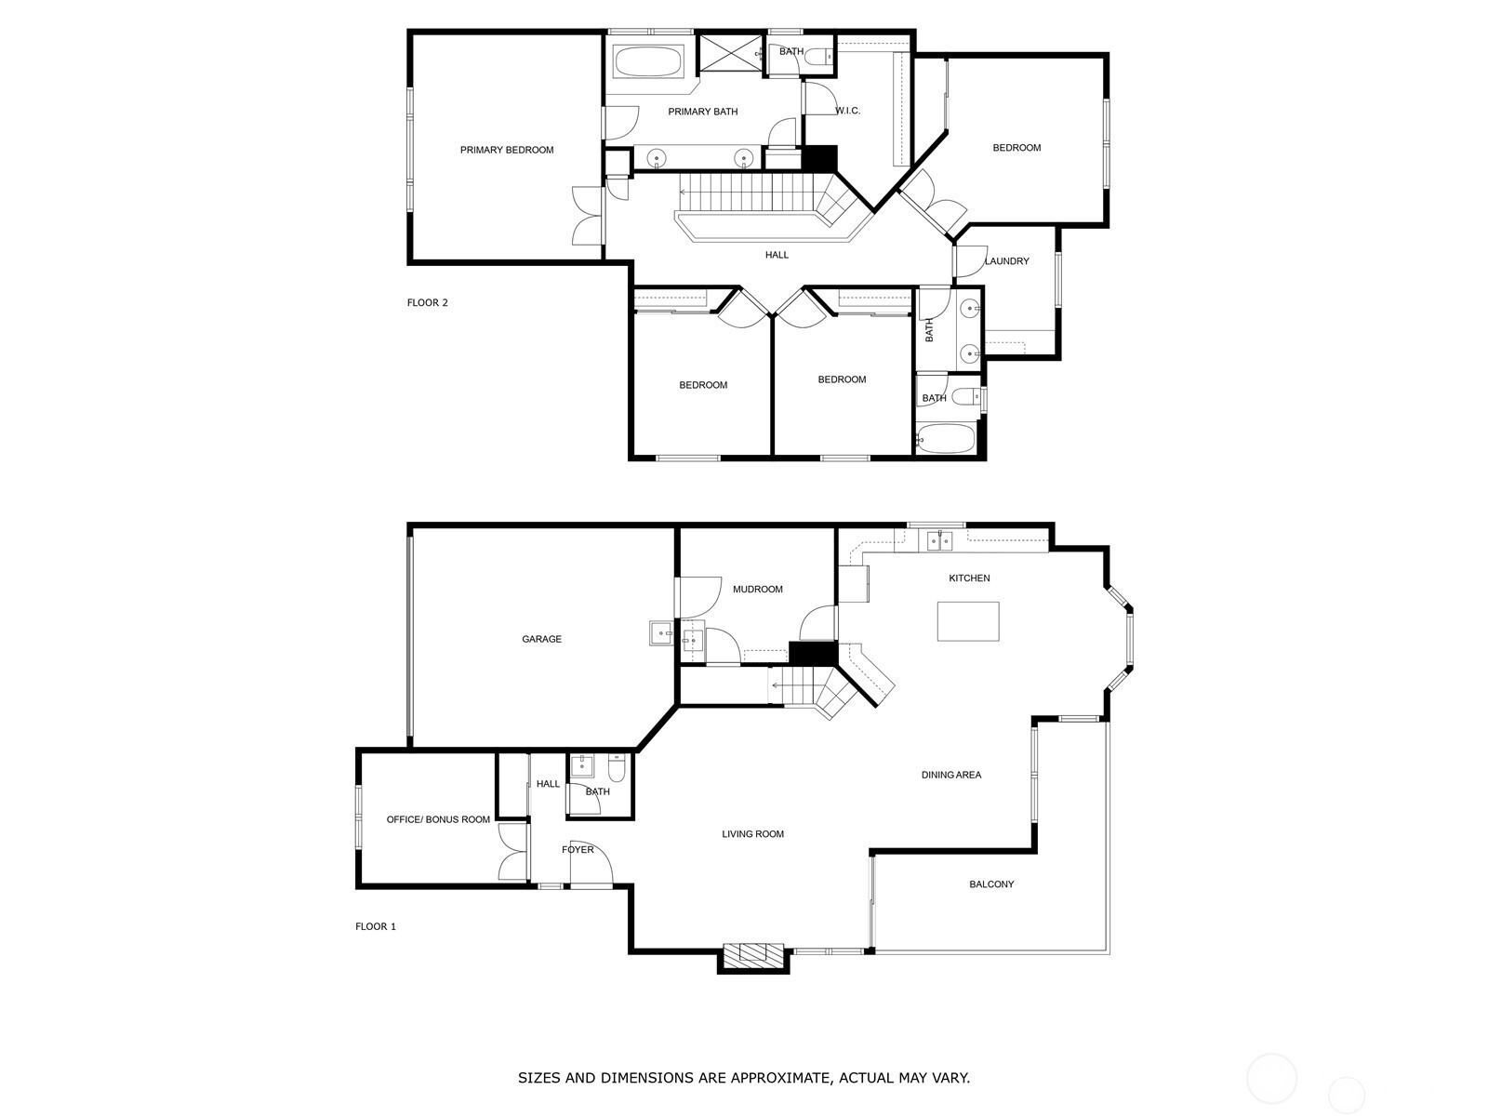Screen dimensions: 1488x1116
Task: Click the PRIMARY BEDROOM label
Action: (507, 151)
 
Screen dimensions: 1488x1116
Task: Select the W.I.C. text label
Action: (847, 111)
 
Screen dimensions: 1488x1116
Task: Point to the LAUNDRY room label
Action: (1006, 261)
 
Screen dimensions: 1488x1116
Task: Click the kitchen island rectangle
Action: (968, 621)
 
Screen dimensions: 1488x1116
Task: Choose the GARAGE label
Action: (541, 639)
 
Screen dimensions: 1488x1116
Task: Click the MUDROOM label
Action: (757, 590)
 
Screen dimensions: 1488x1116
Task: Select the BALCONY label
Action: (991, 884)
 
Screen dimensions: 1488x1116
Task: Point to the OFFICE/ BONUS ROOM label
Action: (438, 820)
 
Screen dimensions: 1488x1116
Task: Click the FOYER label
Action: (578, 850)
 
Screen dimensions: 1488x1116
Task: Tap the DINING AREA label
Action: (951, 776)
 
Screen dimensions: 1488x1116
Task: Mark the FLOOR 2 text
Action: (427, 303)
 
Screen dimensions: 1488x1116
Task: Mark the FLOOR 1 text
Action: (376, 927)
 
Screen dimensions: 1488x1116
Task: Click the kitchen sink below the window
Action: (939, 541)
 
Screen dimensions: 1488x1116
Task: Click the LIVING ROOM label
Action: (752, 834)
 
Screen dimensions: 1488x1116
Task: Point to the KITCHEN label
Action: (969, 578)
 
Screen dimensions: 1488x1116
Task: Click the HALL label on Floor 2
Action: (777, 256)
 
